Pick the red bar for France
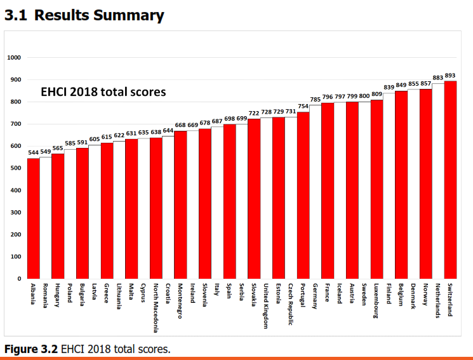(328, 190)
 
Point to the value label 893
(450, 76)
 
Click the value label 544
(33, 153)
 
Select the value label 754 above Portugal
(303, 107)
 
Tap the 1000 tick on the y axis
(14, 58)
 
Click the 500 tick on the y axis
(15, 168)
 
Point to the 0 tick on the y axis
(20, 279)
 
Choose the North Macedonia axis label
(156, 308)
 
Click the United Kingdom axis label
(266, 306)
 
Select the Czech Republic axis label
(291, 304)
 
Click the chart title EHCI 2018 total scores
(103, 92)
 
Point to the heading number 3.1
(15, 15)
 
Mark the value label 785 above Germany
(316, 100)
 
